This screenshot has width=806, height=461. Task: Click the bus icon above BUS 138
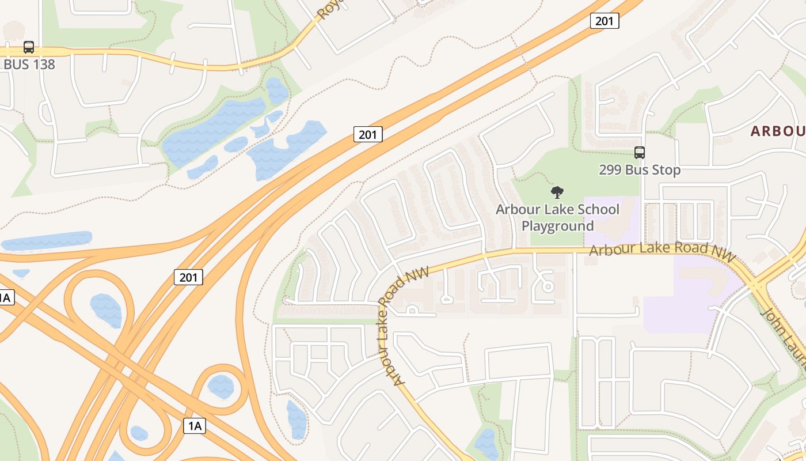point(28,47)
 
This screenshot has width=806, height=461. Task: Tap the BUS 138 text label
point(29,64)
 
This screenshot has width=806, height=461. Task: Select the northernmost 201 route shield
point(604,21)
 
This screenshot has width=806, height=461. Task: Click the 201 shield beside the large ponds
point(367,135)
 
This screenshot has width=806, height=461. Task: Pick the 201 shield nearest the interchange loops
point(188,277)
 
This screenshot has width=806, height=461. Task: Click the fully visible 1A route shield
point(195,426)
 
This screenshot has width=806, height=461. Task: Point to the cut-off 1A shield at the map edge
point(5,297)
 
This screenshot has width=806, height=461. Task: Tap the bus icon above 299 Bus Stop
point(639,153)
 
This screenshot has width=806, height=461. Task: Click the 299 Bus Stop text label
point(639,170)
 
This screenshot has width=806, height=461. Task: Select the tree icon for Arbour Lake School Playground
point(557,192)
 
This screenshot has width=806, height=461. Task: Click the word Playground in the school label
point(557,226)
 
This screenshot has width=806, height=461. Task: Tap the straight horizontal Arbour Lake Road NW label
point(662,251)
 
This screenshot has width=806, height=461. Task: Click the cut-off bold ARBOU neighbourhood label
point(778,131)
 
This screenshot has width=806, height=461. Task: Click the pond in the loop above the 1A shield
point(220,387)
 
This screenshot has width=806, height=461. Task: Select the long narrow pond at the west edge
point(46,241)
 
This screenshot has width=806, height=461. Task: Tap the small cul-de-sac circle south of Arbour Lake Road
point(548,286)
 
